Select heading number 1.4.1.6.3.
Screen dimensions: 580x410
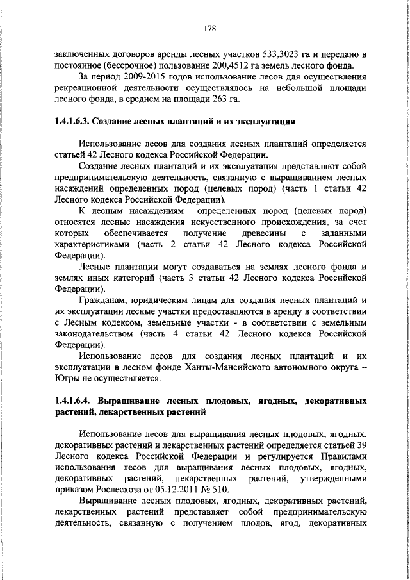pos(76,122)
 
